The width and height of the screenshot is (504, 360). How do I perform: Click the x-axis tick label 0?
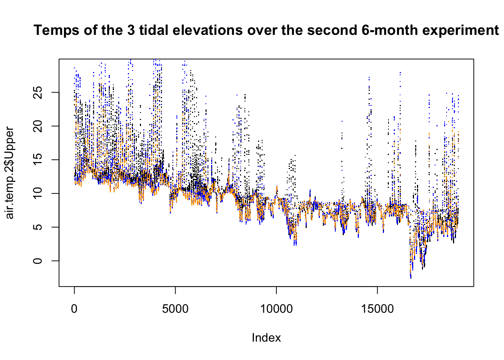click(x=74, y=309)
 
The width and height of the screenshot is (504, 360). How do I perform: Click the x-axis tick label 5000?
click(x=175, y=309)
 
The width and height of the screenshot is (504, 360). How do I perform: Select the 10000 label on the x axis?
click(x=276, y=309)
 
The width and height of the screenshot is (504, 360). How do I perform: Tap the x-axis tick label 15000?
click(x=377, y=309)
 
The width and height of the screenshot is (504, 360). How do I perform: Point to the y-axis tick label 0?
click(x=37, y=261)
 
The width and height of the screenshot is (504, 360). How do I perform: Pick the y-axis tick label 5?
click(x=37, y=227)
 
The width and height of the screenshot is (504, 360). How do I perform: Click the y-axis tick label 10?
click(x=37, y=193)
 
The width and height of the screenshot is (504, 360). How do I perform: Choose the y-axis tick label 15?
click(x=37, y=159)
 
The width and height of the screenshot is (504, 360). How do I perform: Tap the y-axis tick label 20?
click(x=37, y=126)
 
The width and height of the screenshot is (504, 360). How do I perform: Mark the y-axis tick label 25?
click(x=37, y=92)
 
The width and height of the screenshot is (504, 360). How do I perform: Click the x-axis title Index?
click(x=266, y=338)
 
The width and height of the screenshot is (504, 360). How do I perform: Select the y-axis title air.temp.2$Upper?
click(x=10, y=173)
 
